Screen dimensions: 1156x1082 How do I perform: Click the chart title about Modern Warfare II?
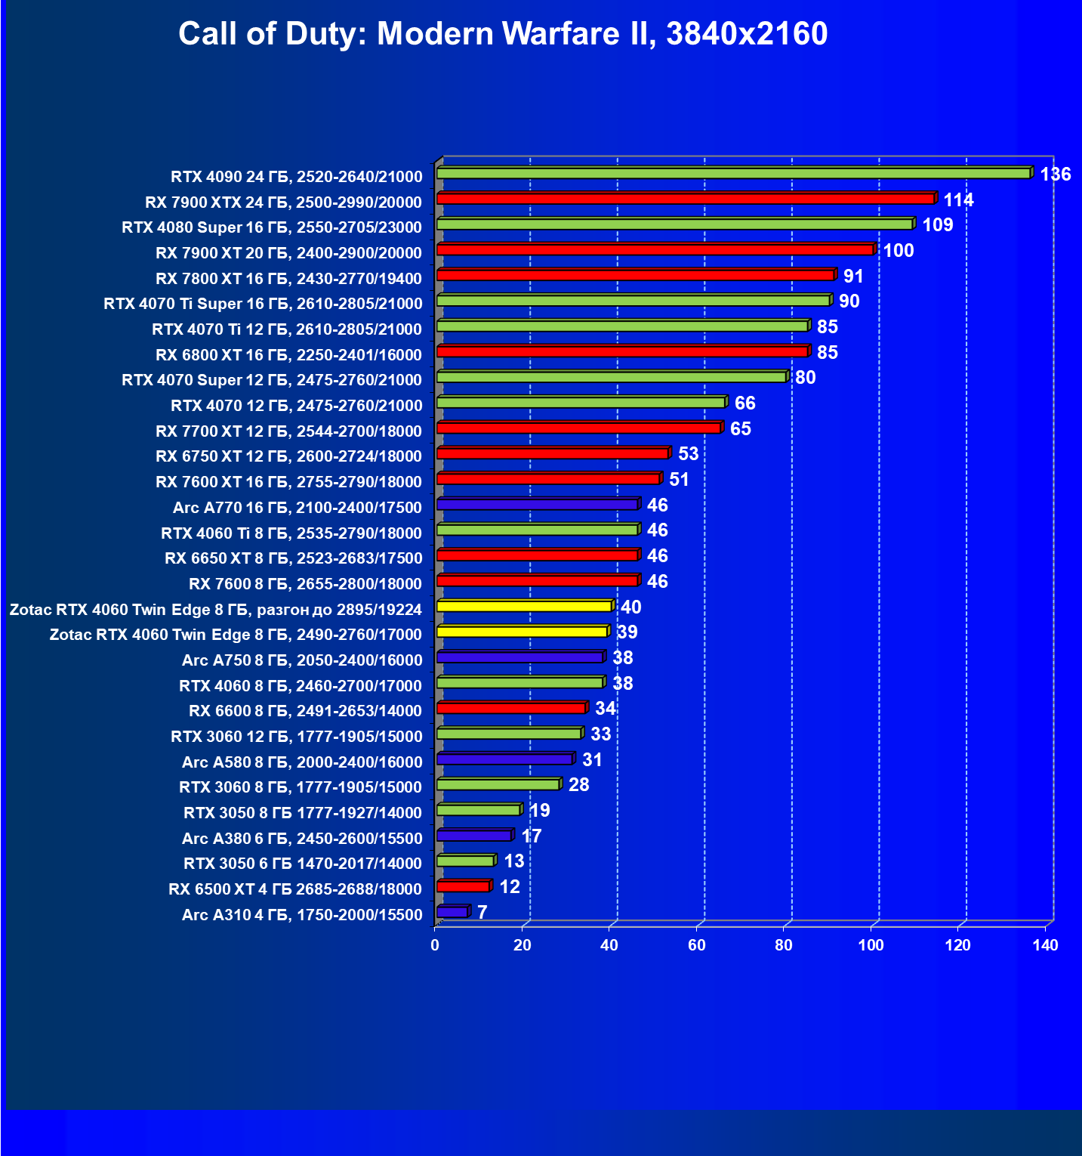pyautogui.click(x=503, y=34)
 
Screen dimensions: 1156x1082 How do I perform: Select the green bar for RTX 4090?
pyautogui.click(x=732, y=174)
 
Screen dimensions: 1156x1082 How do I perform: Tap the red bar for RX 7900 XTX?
pyautogui.click(x=685, y=199)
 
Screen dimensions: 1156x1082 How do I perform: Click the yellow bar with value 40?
pyautogui.click(x=523, y=606)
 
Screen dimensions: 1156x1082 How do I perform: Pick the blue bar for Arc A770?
pyautogui.click(x=537, y=504)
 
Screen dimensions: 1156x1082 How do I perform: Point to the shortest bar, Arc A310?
pyautogui.click(x=452, y=912)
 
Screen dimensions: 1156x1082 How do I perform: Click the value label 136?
pyautogui.click(x=1055, y=175)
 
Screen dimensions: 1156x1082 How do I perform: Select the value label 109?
pyautogui.click(x=937, y=225)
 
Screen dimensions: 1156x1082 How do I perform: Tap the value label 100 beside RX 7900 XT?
pyautogui.click(x=899, y=251)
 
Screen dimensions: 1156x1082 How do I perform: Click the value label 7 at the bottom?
pyautogui.click(x=482, y=913)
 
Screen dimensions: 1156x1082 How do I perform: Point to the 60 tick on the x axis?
pyautogui.click(x=696, y=945)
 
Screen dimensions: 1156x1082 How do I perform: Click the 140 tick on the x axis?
pyautogui.click(x=1045, y=945)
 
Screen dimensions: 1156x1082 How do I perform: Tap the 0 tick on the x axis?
pyautogui.click(x=435, y=945)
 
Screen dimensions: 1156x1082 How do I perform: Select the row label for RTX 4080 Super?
pyautogui.click(x=272, y=227)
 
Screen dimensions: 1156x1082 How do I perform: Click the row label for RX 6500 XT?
pyautogui.click(x=295, y=889)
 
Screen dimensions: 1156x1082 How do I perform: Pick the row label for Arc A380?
pyautogui.click(x=302, y=838)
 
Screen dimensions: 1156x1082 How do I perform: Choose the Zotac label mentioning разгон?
pyautogui.click(x=215, y=610)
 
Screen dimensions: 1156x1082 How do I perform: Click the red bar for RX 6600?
pyautogui.click(x=511, y=708)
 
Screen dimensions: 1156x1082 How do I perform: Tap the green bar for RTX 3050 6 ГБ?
pyautogui.click(x=464, y=861)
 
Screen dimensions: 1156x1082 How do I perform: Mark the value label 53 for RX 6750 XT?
pyautogui.click(x=688, y=454)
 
